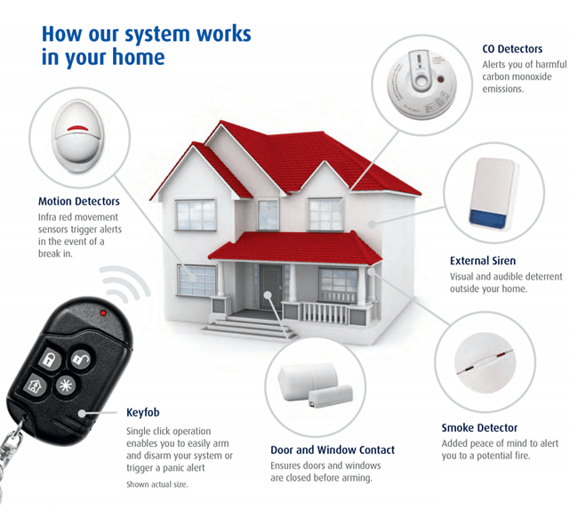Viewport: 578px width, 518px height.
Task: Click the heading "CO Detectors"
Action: (511, 49)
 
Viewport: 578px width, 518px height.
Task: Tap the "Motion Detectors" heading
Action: (78, 201)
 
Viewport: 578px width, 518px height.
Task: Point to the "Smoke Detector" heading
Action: (479, 428)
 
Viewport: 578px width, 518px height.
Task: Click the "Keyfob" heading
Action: (143, 414)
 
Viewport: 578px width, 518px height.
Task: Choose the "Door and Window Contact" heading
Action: (332, 449)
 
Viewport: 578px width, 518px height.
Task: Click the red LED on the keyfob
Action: (103, 313)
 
